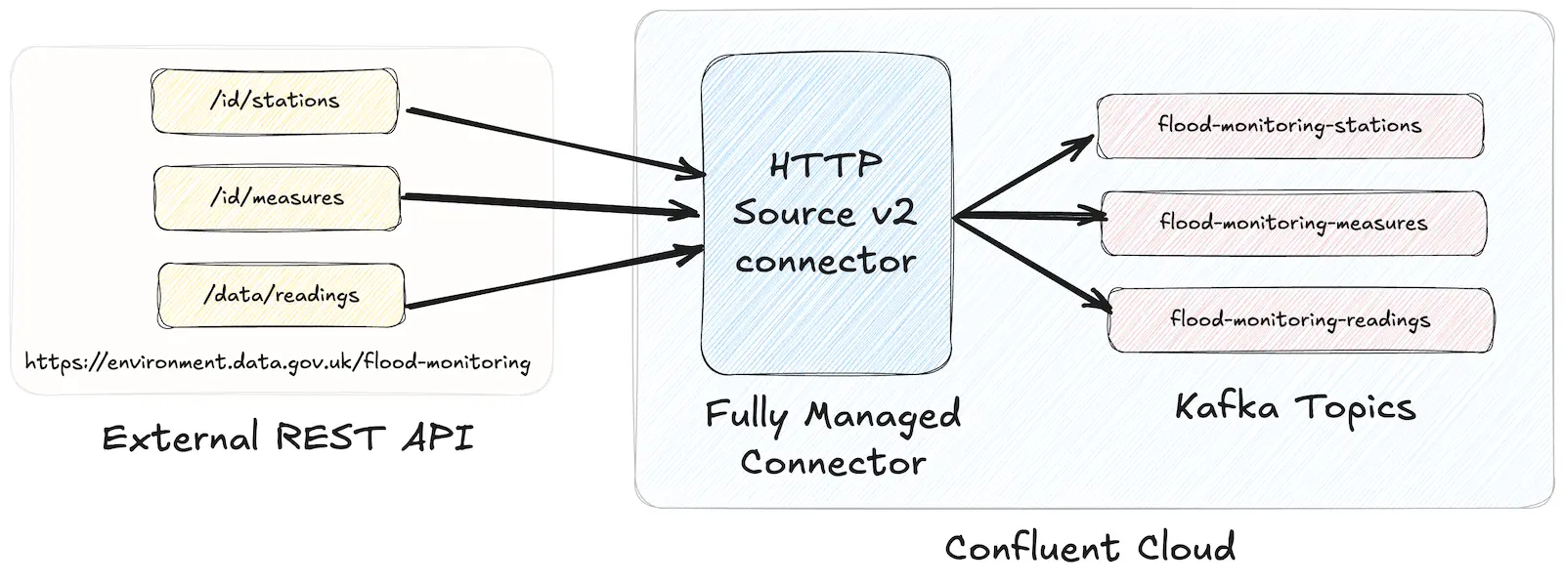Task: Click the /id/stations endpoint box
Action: (275, 101)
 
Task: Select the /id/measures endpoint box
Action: (277, 198)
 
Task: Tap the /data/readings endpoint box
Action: (281, 295)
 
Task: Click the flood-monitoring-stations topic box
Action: (1289, 126)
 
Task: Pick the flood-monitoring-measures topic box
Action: (1293, 223)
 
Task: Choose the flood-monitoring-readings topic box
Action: (1300, 319)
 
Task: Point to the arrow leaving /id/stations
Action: (552, 143)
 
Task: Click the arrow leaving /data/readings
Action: (552, 278)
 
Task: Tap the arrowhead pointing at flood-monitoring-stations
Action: (1083, 143)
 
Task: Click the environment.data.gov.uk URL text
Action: (278, 363)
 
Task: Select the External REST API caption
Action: (287, 438)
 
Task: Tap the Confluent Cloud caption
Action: (1090, 547)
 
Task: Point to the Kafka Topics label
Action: (1295, 406)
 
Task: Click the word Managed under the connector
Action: (883, 416)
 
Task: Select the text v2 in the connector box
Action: (891, 213)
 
